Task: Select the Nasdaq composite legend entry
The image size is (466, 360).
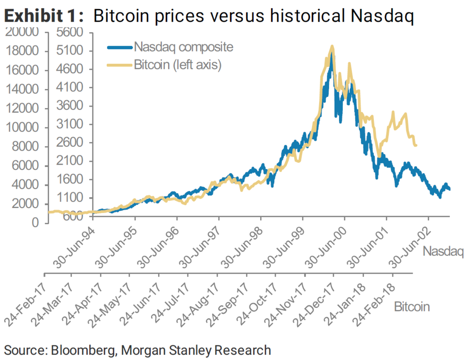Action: (183, 47)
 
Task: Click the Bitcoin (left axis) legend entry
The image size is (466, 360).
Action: (178, 65)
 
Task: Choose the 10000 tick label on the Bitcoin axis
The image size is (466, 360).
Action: (22, 128)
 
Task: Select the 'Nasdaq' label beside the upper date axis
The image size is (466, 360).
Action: (443, 251)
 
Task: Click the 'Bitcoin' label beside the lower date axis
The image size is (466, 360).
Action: (412, 307)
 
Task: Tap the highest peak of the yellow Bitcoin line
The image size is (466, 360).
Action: (332, 46)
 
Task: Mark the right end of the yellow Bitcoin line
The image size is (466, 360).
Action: (416, 145)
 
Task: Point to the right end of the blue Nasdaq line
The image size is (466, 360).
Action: (449, 189)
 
